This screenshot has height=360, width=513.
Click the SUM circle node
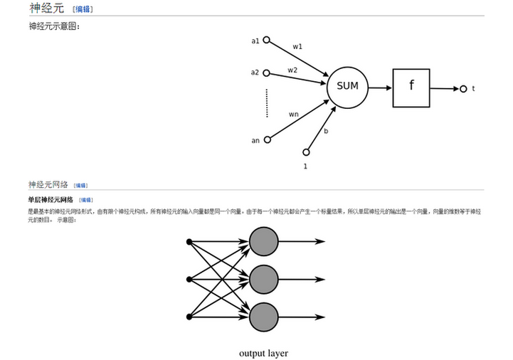click(x=347, y=87)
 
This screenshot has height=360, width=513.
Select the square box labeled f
click(x=411, y=88)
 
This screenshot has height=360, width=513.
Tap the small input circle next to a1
click(x=267, y=41)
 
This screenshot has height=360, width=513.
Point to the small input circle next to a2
click(x=267, y=72)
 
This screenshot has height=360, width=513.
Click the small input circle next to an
click(x=268, y=139)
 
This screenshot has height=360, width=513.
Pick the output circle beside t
click(x=463, y=89)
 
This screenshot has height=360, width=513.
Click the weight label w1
click(x=297, y=47)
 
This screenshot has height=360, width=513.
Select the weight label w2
click(x=292, y=70)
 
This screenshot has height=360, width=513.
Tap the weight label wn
click(x=293, y=114)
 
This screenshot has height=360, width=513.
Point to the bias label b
click(x=326, y=131)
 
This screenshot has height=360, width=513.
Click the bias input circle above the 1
click(x=307, y=152)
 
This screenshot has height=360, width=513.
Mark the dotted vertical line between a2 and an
click(x=267, y=103)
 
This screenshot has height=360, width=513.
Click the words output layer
click(x=263, y=353)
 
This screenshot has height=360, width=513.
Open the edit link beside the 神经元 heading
click(x=83, y=9)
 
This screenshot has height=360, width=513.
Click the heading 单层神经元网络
click(x=50, y=200)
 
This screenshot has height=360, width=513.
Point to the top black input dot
click(x=189, y=242)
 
